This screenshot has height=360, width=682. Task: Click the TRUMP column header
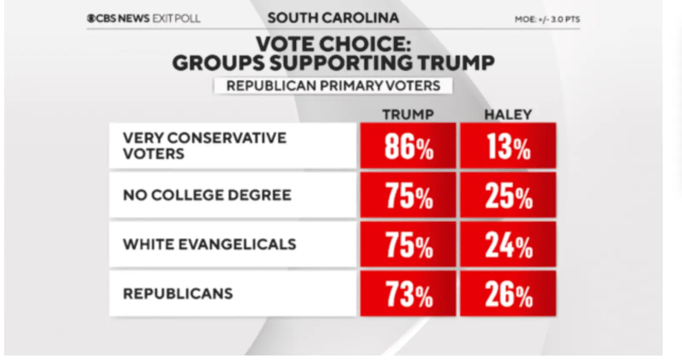pyautogui.click(x=407, y=114)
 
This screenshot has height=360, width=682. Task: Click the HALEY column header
pyautogui.click(x=508, y=114)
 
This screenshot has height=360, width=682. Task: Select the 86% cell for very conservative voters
pyautogui.click(x=408, y=146)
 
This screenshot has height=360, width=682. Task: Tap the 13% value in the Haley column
pyautogui.click(x=508, y=146)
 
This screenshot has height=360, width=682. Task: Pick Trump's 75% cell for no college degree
pyautogui.click(x=408, y=195)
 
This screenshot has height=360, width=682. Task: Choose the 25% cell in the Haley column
pyautogui.click(x=508, y=195)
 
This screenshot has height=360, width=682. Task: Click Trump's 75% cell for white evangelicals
pyautogui.click(x=408, y=245)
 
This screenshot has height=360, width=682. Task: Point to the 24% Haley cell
pyautogui.click(x=508, y=245)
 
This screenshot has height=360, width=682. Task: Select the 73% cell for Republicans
pyautogui.click(x=408, y=294)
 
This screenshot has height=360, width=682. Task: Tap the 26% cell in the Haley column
pyautogui.click(x=508, y=294)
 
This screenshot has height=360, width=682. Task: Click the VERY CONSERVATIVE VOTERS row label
pyautogui.click(x=205, y=146)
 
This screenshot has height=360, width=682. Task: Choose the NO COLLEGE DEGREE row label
pyautogui.click(x=207, y=195)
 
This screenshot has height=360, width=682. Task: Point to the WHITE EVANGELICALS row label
pyautogui.click(x=209, y=244)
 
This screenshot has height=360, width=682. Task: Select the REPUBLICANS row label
pyautogui.click(x=178, y=294)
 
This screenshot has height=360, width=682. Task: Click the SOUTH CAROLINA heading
pyautogui.click(x=333, y=18)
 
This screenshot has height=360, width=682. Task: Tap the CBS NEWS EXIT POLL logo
pyautogui.click(x=143, y=18)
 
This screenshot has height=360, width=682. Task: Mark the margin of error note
pyautogui.click(x=547, y=19)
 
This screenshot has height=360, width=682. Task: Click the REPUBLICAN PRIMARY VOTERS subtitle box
pyautogui.click(x=333, y=86)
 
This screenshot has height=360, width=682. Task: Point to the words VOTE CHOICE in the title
pyautogui.click(x=333, y=43)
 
